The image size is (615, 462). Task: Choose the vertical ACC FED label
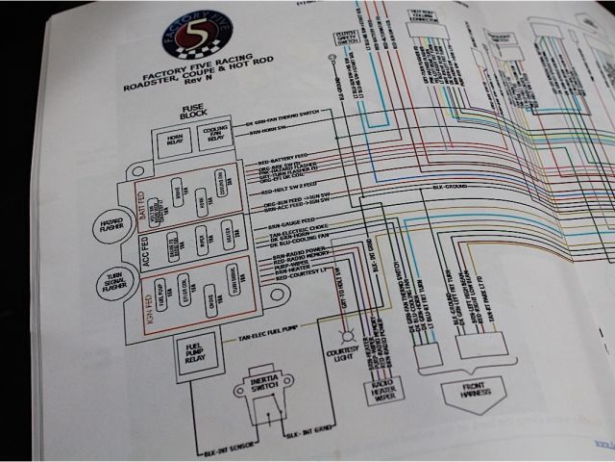tap(147, 248)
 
